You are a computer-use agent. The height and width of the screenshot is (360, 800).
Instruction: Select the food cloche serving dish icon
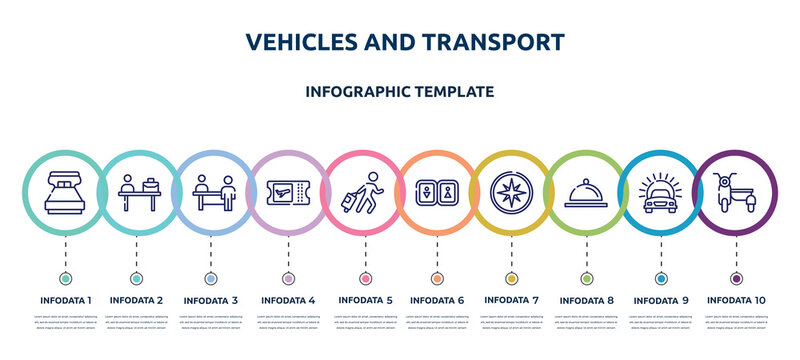pyautogui.click(x=585, y=191)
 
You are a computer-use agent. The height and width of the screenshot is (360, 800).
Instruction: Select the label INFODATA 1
pyautogui.click(x=66, y=299)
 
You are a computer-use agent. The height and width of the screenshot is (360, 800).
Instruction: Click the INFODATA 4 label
pyautogui.click(x=288, y=299)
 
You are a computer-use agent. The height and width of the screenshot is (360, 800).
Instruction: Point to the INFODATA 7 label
pyautogui.click(x=511, y=299)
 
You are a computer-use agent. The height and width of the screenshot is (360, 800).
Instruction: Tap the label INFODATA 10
pyautogui.click(x=736, y=299)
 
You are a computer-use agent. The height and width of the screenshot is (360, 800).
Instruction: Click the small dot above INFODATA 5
pyautogui.click(x=362, y=278)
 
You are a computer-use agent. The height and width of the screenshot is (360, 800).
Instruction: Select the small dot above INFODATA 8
pyautogui.click(x=585, y=278)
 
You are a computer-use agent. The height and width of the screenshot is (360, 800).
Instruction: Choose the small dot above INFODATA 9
pyautogui.click(x=660, y=278)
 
